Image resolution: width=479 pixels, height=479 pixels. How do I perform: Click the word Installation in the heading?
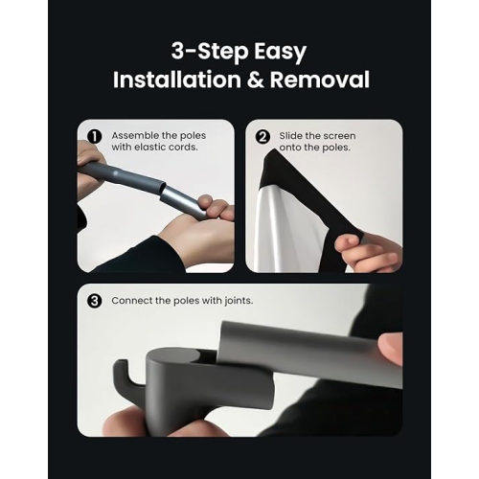click(177, 80)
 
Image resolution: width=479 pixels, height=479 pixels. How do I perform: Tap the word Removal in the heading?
click(320, 80)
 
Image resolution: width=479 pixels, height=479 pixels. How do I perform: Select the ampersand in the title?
click(256, 80)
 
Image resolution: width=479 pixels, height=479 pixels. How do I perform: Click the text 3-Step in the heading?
click(210, 51)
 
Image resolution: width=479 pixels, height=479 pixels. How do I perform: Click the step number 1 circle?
click(95, 137)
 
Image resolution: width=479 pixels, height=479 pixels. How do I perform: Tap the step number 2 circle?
click(262, 137)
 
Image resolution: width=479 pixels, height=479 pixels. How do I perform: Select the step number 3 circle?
click(95, 301)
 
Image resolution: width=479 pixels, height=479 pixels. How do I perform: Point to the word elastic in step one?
click(150, 147)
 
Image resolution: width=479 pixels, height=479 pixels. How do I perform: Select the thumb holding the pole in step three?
click(390, 348)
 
